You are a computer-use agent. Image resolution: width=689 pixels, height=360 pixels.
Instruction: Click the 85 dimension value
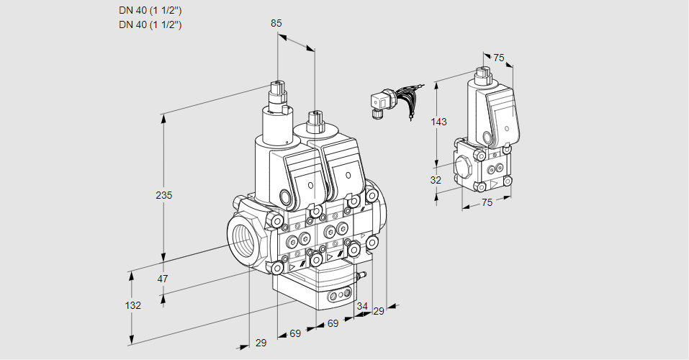[276, 23]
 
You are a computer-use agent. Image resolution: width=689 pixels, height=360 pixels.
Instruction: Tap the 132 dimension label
[132, 305]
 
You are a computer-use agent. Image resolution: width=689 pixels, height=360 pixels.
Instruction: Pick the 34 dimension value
[362, 307]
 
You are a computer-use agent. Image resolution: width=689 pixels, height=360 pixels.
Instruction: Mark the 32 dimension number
[436, 180]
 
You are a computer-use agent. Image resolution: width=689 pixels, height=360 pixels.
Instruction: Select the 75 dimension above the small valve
[497, 58]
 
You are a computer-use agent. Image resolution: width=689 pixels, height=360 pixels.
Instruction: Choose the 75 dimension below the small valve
[487, 202]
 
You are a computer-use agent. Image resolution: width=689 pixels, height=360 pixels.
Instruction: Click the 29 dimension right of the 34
[379, 310]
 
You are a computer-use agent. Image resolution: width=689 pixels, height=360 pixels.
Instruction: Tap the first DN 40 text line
[150, 10]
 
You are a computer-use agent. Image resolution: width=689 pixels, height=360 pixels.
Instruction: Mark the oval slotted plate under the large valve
[340, 294]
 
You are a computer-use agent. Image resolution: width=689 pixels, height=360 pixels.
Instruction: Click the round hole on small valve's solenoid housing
[486, 137]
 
